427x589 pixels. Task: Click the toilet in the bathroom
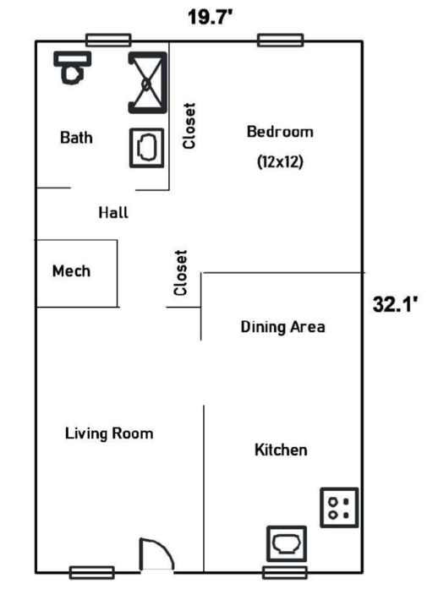(73, 68)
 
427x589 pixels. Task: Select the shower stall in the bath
(147, 83)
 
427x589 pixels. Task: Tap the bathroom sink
(146, 148)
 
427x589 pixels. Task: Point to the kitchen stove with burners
(339, 508)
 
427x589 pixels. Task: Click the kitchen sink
(287, 543)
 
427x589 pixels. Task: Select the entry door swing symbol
(156, 555)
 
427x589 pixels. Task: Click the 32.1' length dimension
(396, 304)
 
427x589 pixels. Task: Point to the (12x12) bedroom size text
(280, 162)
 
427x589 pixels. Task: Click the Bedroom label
(280, 132)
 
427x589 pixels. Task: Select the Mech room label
(71, 270)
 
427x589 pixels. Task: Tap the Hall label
(113, 213)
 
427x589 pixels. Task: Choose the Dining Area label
(282, 327)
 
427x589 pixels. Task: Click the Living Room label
(109, 434)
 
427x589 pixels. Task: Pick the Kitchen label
(281, 450)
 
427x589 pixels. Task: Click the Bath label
(76, 138)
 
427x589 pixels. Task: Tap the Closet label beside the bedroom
(189, 126)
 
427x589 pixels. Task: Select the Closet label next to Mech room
(180, 273)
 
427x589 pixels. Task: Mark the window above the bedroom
(281, 41)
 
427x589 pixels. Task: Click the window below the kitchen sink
(285, 572)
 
